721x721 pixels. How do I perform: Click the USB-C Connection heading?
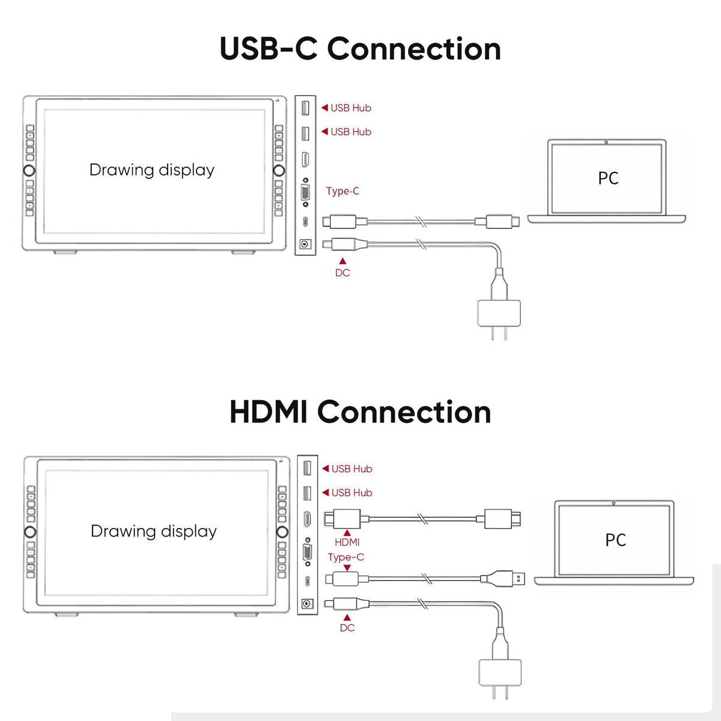pos(360,49)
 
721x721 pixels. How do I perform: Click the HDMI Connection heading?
pos(360,412)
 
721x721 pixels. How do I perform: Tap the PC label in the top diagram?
pos(608,178)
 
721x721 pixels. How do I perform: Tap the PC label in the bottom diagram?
pos(615,540)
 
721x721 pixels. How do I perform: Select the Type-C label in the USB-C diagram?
pos(342,191)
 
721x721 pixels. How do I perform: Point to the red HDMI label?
pos(347,542)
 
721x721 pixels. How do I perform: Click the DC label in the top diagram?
pos(342,273)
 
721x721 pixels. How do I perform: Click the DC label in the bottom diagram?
pos(347,628)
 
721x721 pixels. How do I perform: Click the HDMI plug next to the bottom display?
pos(342,519)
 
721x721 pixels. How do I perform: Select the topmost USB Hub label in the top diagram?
pos(347,108)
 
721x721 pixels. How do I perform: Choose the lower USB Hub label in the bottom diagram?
pos(347,493)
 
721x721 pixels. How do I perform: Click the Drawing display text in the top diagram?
pos(152,170)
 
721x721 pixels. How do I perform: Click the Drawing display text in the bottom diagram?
pos(153,531)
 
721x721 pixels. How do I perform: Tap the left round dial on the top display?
pos(29,171)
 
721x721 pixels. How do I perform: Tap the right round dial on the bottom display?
pos(282,532)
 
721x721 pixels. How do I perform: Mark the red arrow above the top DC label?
pos(342,261)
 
